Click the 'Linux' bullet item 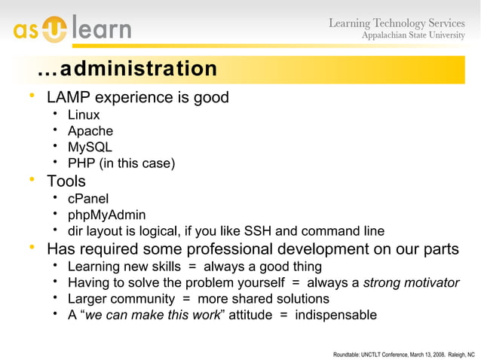[84, 115]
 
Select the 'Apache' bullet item [90, 131]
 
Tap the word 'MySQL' [90, 147]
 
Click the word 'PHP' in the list [81, 163]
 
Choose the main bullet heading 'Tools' [66, 182]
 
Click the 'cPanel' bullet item [88, 199]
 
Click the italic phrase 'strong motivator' [411, 283]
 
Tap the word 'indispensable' [335, 315]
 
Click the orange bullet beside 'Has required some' [31, 248]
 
